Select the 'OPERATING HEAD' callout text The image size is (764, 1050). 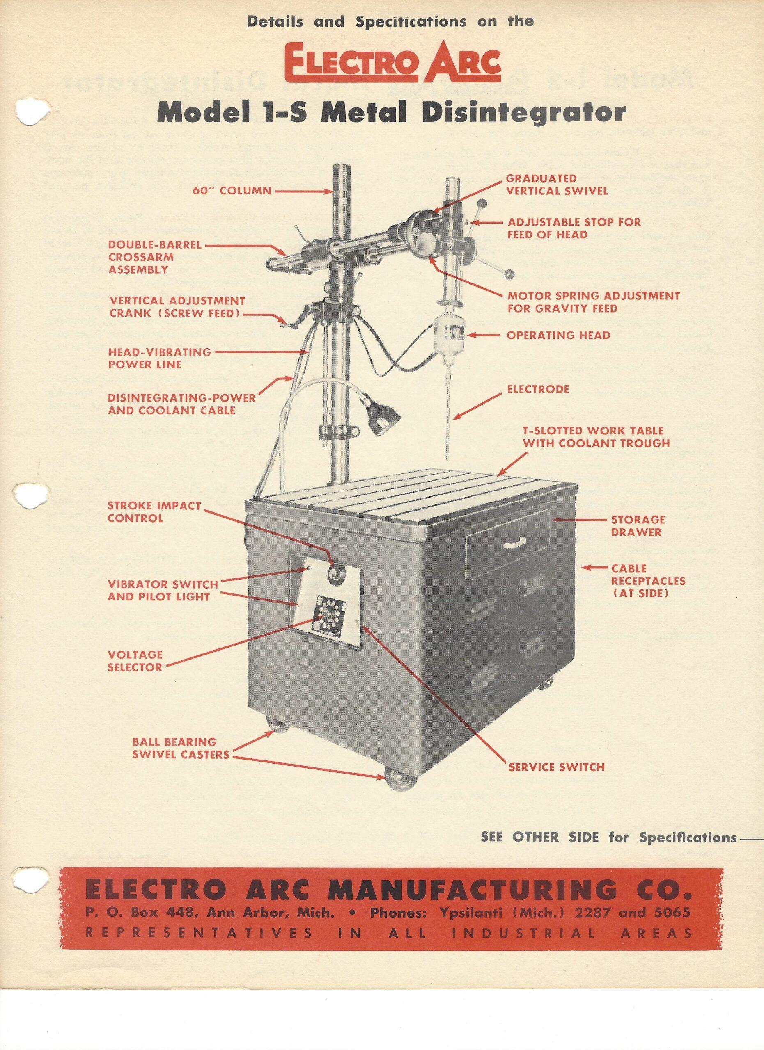pos(558,335)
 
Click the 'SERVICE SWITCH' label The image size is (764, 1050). pos(556,767)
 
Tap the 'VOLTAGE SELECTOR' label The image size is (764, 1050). pos(135,661)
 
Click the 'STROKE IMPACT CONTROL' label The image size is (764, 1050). pos(154,511)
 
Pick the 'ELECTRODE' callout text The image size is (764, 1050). pos(538,389)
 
